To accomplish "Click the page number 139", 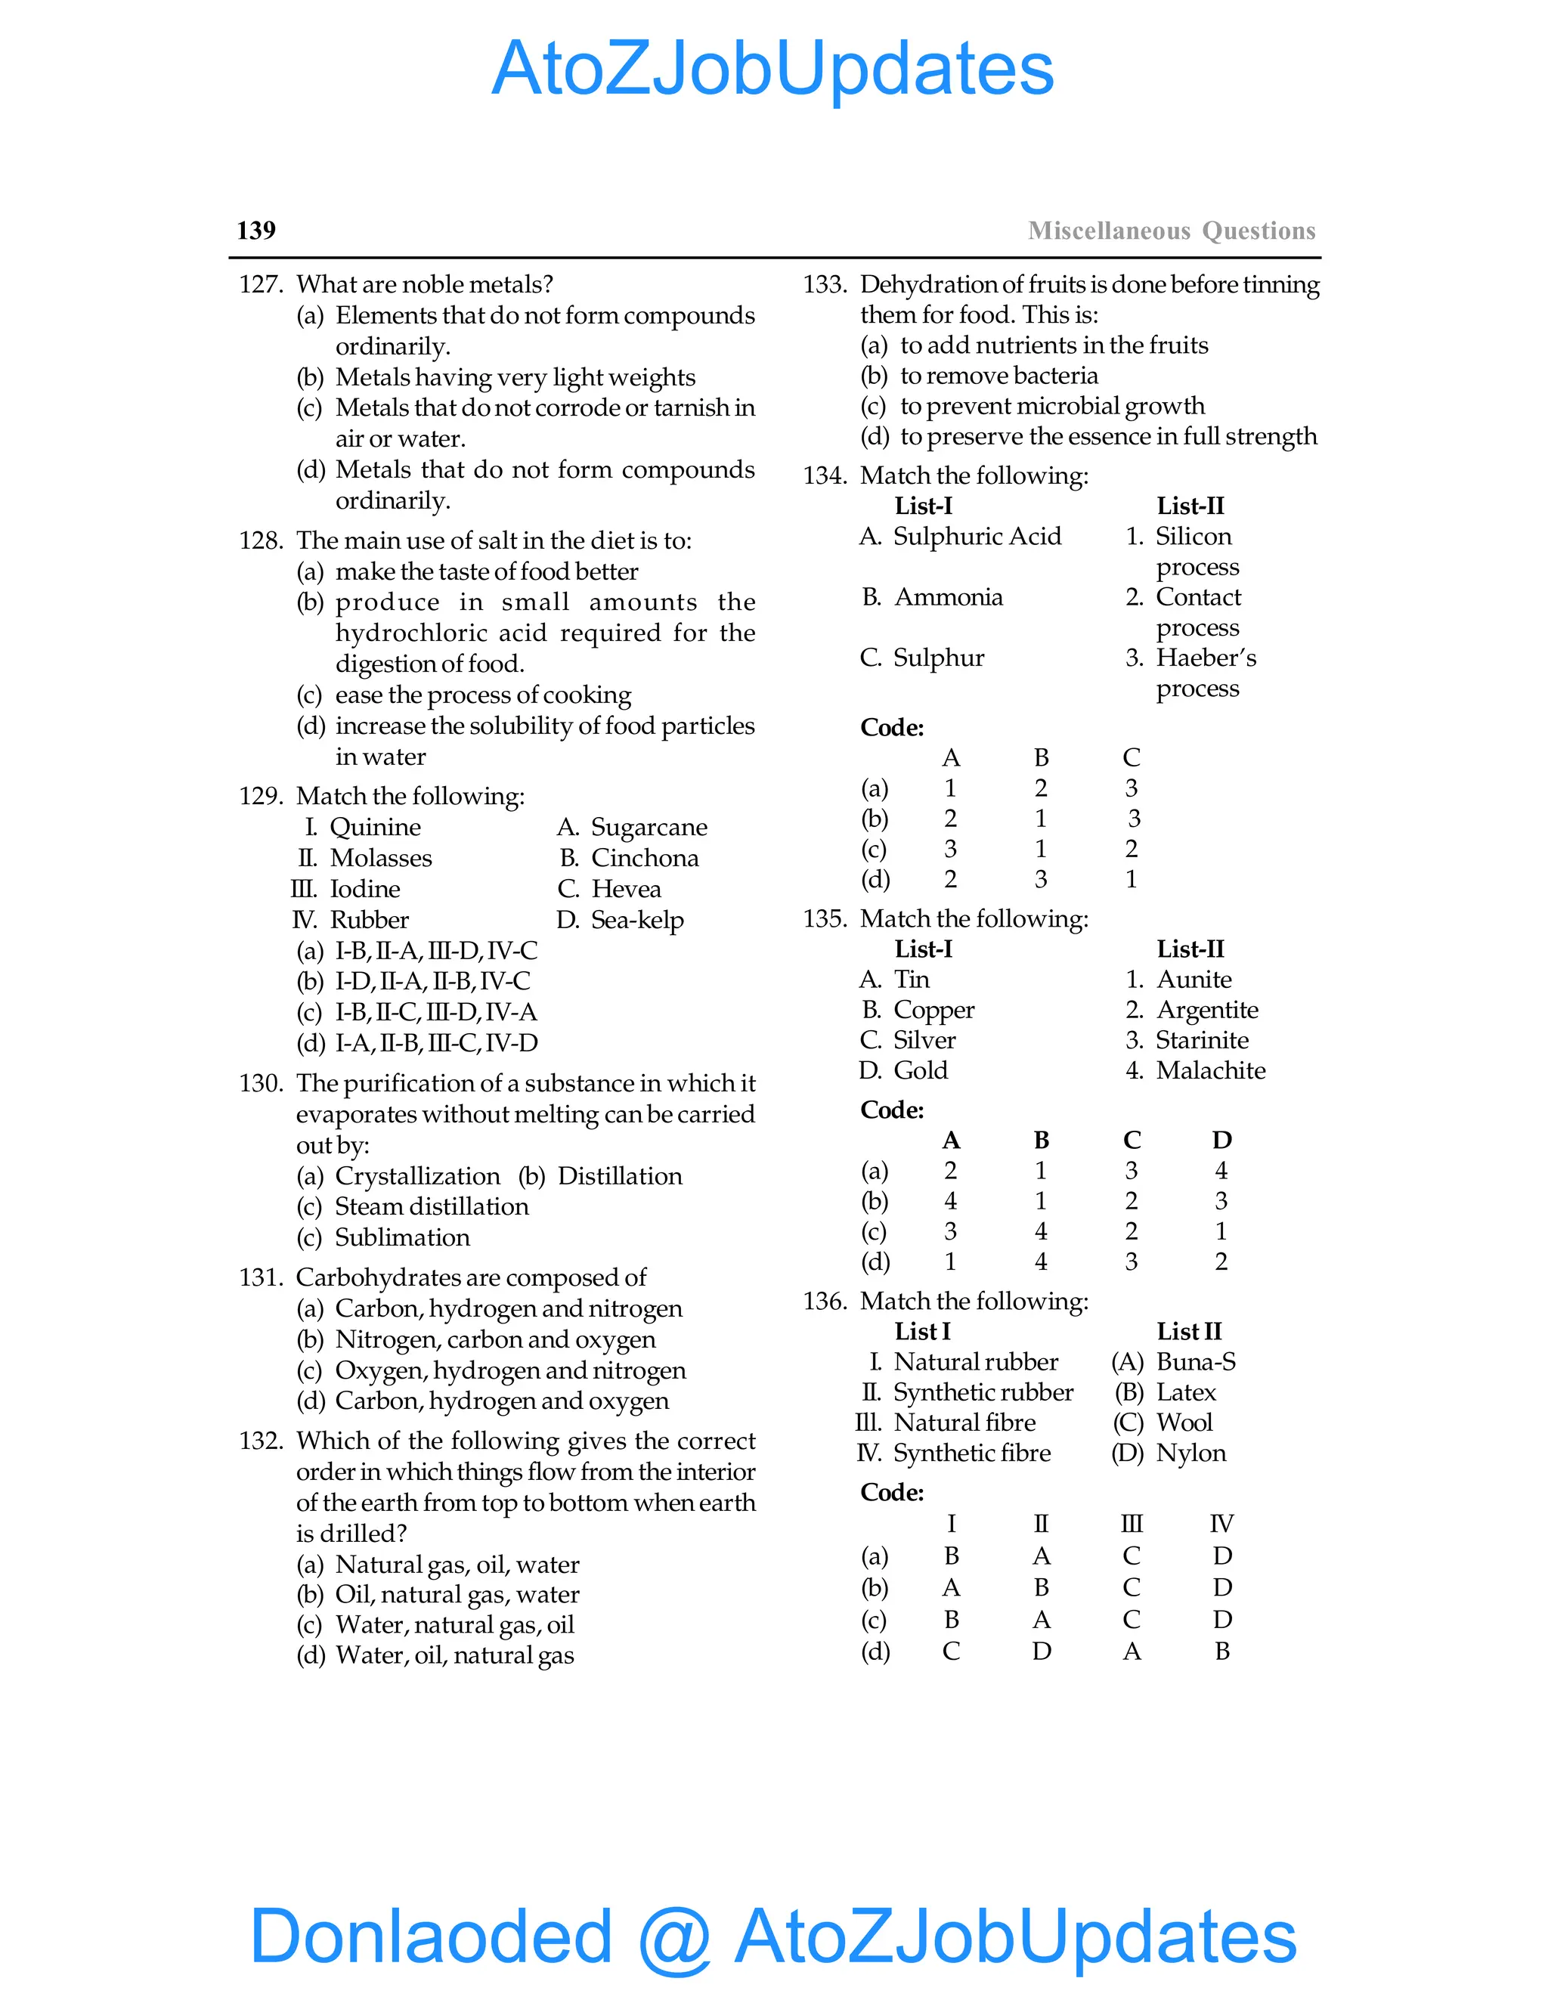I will pos(256,231).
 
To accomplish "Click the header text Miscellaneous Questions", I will pos(1171,231).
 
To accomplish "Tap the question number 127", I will pos(261,284).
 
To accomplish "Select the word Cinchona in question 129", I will pos(645,858).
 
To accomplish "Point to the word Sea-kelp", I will pos(637,920).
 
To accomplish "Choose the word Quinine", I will pos(375,827).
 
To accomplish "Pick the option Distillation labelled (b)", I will pos(620,1176).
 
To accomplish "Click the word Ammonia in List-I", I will pos(949,597).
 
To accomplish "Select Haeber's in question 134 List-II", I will pos(1205,658).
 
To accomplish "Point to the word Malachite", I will pos(1211,1070).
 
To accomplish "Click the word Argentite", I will pos(1207,1010).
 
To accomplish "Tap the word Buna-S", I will pos(1195,1362).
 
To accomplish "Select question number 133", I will pos(825,284).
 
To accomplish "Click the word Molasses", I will pos(381,858).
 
